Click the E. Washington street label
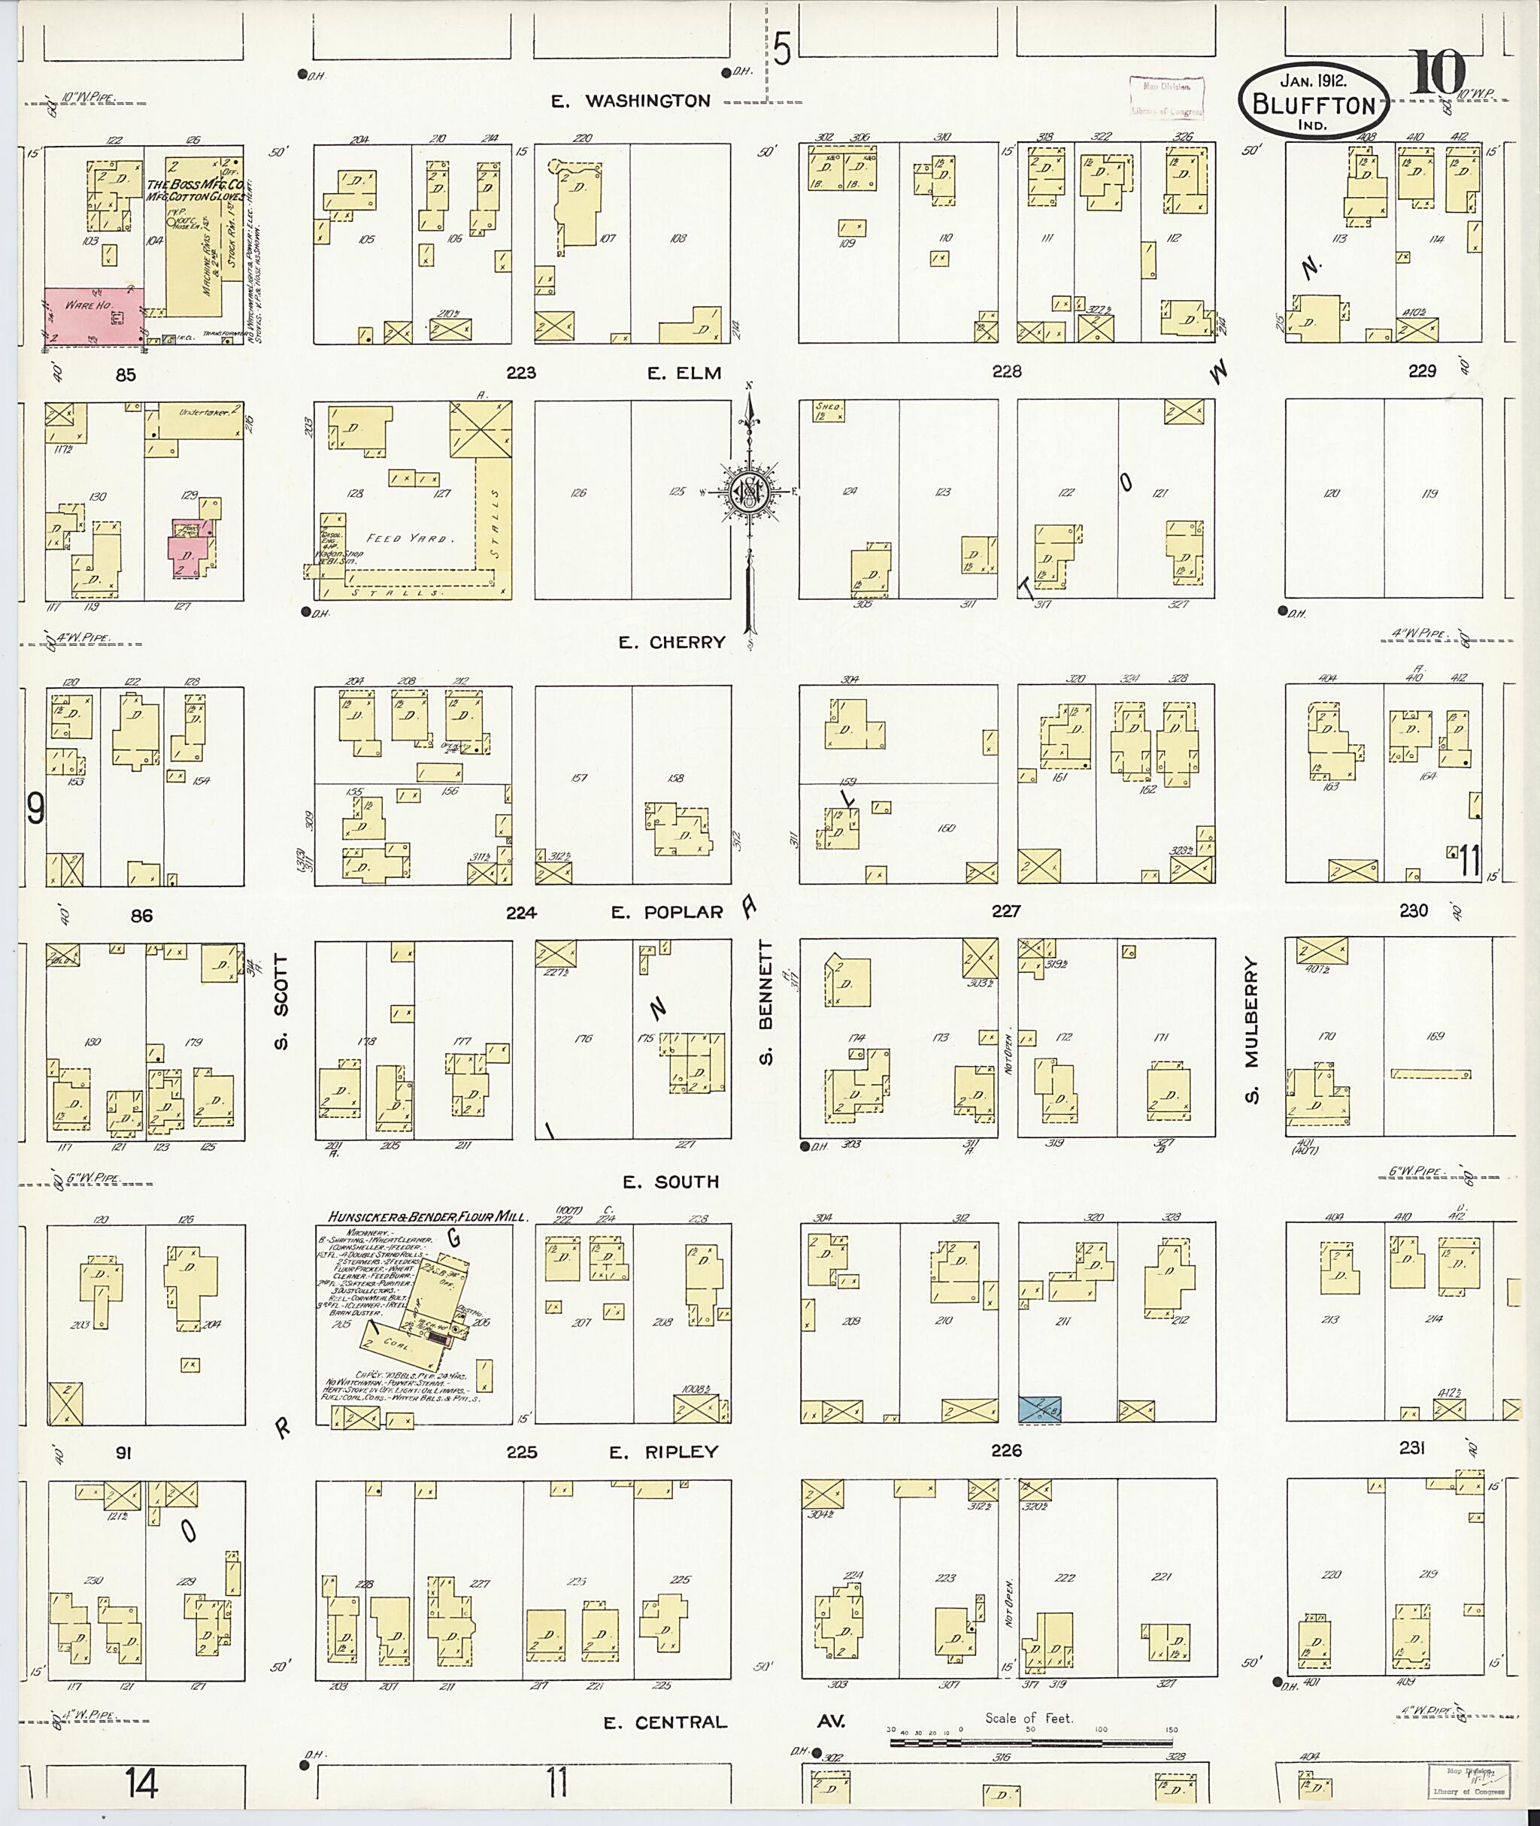631,101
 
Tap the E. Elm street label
684,374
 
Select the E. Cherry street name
671,643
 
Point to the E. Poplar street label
667,912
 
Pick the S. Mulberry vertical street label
1251,1031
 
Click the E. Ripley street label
662,1452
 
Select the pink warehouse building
92,315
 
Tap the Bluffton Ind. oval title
1312,103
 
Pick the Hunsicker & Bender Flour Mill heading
428,1216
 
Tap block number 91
123,1453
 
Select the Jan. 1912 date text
1312,78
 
